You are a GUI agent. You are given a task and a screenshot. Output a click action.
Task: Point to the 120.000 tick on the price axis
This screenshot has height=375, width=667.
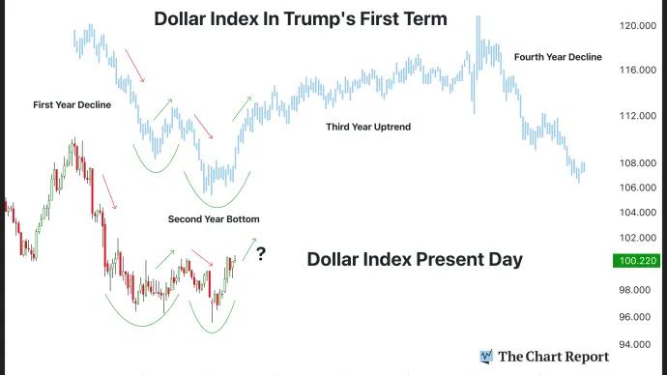pyautogui.click(x=639, y=27)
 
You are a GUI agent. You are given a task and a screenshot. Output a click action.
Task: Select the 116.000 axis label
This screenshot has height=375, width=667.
pyautogui.click(x=639, y=71)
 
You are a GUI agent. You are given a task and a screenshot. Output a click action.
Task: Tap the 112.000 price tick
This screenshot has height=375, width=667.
pyautogui.click(x=639, y=116)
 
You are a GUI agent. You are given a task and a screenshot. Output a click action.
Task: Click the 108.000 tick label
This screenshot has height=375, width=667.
pyautogui.click(x=639, y=162)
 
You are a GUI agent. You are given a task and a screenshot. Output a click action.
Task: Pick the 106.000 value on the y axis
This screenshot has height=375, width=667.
pyautogui.click(x=639, y=187)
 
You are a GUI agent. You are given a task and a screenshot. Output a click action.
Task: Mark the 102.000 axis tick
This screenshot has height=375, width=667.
pyautogui.click(x=639, y=238)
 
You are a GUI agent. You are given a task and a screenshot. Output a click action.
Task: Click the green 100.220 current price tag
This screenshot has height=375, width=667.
pyautogui.click(x=639, y=260)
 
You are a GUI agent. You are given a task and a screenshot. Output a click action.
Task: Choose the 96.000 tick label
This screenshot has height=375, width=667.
pyautogui.click(x=639, y=317)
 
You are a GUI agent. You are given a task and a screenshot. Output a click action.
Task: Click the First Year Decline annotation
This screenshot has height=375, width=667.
pyautogui.click(x=72, y=103)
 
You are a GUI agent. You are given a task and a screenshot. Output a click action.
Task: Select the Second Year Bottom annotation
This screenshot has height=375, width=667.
pyautogui.click(x=214, y=219)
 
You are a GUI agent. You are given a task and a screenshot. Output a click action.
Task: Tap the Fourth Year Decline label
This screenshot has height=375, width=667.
pyautogui.click(x=558, y=57)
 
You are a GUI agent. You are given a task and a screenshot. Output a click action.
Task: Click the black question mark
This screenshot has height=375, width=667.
pyautogui.click(x=261, y=255)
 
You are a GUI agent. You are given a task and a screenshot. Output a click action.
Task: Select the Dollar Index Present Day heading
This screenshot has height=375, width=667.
pyautogui.click(x=415, y=259)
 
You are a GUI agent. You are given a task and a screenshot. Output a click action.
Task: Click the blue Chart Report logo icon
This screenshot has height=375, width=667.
pyautogui.click(x=486, y=357)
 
